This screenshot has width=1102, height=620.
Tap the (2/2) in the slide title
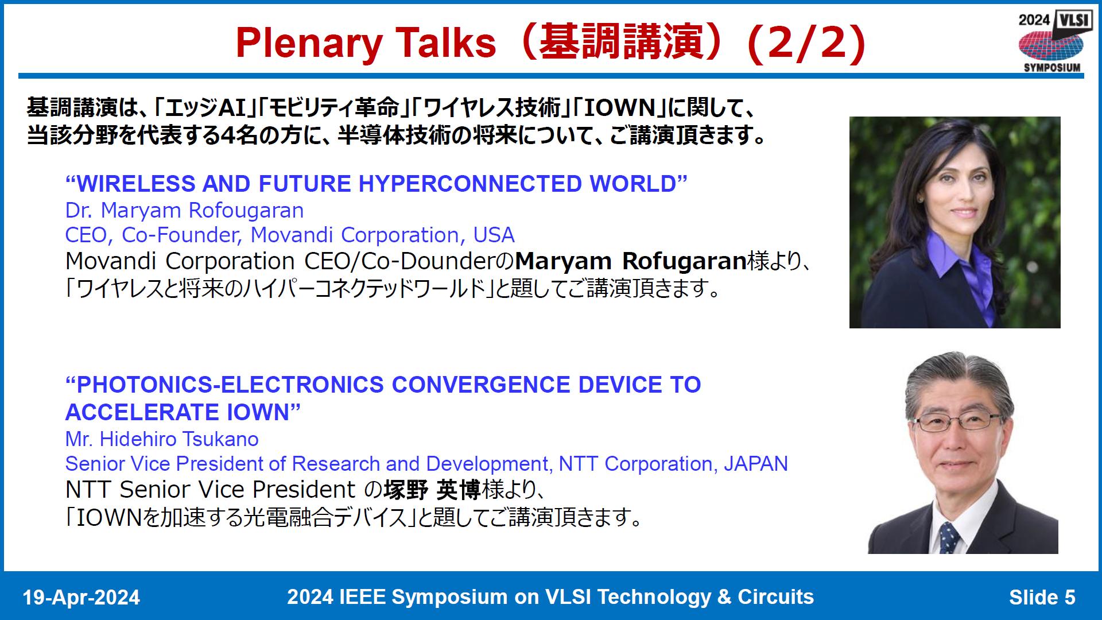tap(807, 44)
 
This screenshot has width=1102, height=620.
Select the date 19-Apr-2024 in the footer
tap(81, 598)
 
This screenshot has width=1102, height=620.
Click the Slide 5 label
tap(1042, 598)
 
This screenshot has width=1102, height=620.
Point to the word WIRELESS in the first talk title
tap(135, 184)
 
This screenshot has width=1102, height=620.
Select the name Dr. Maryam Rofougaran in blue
tap(184, 211)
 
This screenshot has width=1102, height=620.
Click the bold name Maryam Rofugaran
tap(630, 261)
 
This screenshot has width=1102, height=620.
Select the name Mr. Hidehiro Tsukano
tap(162, 439)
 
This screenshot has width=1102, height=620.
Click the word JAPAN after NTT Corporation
tap(755, 464)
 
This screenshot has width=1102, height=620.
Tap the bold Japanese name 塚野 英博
tap(432, 490)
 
